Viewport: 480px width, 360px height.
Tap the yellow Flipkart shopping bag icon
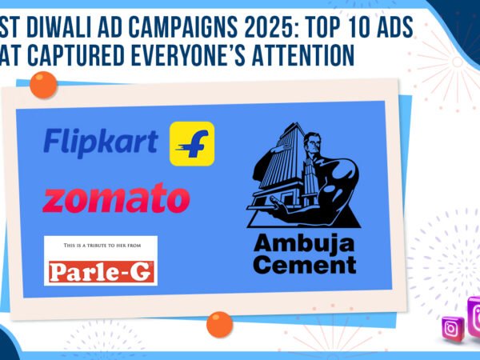pos(192,143)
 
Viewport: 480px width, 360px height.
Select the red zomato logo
pos(116,198)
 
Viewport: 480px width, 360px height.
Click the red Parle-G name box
pos(101,272)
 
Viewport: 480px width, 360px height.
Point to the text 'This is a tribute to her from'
pos(101,248)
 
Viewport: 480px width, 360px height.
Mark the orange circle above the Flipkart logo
pos(43,84)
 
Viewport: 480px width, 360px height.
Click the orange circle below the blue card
pos(218,324)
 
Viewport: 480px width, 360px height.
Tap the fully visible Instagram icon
pos(453,329)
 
